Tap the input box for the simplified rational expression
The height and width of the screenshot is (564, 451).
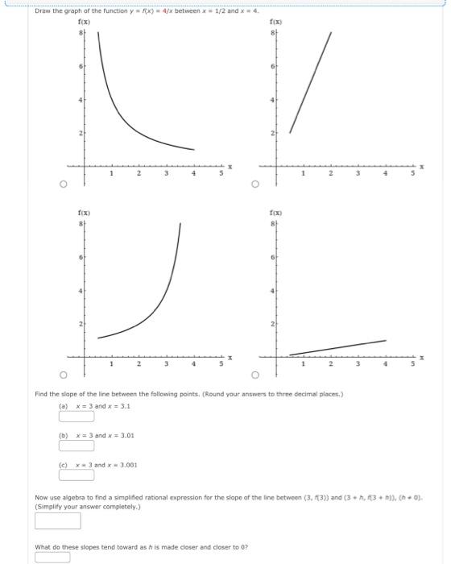point(57,521)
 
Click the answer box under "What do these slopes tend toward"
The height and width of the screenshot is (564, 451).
point(52,556)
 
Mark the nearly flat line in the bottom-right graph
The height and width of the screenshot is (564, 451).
point(338,347)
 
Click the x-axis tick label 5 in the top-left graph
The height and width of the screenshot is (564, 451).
point(220,173)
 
